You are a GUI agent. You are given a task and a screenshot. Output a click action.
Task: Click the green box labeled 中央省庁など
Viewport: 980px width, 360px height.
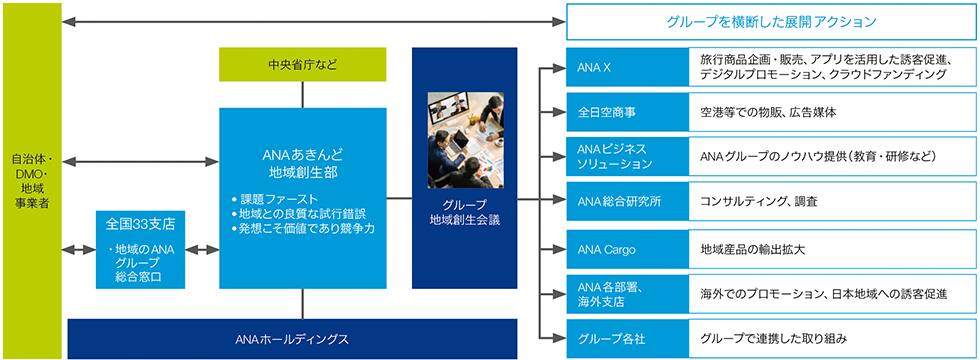coord(302,64)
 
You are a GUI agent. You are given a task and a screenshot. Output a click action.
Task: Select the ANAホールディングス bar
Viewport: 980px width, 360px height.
coord(292,339)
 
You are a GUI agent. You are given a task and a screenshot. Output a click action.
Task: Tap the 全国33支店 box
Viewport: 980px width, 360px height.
coord(140,249)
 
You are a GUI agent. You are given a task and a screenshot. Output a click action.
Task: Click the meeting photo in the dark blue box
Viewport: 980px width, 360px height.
coord(466,140)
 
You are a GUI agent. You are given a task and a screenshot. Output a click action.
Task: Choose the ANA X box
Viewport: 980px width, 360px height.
coord(627,67)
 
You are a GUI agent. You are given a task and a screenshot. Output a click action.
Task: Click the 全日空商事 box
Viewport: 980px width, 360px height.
coord(627,112)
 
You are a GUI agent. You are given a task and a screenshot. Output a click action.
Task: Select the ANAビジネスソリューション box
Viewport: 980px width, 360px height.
coord(627,156)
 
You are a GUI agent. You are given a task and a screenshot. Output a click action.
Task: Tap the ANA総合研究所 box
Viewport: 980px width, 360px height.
coord(627,201)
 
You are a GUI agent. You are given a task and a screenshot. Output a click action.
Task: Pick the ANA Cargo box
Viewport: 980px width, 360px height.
coord(627,249)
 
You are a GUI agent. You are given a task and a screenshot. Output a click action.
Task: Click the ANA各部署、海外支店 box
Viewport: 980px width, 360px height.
coord(627,294)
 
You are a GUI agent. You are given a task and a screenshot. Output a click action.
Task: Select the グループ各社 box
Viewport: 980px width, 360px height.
coord(627,339)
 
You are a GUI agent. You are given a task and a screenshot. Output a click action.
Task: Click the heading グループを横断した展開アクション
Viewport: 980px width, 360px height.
coord(772,22)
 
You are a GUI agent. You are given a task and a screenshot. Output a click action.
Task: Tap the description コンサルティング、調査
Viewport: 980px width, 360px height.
coord(759,201)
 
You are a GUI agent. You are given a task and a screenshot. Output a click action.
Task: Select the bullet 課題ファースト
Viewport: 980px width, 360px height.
coord(274,199)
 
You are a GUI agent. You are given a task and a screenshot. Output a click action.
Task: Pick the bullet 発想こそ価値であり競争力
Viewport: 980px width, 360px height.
coord(302,229)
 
